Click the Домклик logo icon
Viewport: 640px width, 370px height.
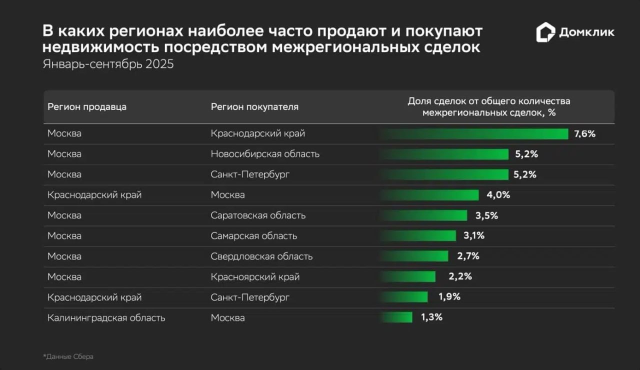[x=545, y=32]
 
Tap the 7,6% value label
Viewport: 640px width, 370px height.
[x=585, y=133]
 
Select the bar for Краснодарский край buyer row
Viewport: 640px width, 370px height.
[x=473, y=133]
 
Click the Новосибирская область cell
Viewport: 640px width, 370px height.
[x=265, y=154]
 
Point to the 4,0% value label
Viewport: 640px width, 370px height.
[x=498, y=195]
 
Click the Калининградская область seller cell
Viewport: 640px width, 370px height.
[x=106, y=317]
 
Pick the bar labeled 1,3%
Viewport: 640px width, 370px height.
[x=396, y=317]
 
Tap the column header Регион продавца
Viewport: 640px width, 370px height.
[x=87, y=106]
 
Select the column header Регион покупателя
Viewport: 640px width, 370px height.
[x=254, y=106]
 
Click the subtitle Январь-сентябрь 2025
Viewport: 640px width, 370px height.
[x=108, y=64]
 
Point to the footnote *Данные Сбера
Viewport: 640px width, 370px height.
[x=68, y=356]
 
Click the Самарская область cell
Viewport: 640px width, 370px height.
[x=254, y=236]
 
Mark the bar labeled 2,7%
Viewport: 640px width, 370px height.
[x=414, y=256]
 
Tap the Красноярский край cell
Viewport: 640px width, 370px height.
[x=255, y=276]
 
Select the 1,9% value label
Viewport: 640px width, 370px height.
[x=449, y=297]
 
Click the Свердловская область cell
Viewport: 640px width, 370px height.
[x=261, y=256]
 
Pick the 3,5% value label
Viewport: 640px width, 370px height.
[x=486, y=215]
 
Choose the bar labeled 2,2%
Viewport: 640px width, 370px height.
[x=407, y=276]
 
